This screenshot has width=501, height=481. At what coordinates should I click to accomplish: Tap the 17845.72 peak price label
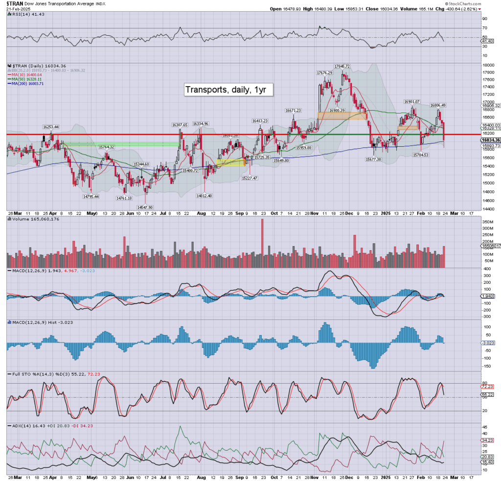(342, 66)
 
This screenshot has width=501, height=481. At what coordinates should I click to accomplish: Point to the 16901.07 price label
(412, 101)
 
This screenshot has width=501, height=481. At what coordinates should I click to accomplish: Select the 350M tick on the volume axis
(487, 222)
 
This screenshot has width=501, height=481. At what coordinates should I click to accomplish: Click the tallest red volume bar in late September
(263, 243)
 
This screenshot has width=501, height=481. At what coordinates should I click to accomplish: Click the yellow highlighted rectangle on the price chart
(230, 162)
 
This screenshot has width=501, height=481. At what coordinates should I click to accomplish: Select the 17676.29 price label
(324, 72)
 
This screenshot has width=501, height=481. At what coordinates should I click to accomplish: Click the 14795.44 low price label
(91, 196)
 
